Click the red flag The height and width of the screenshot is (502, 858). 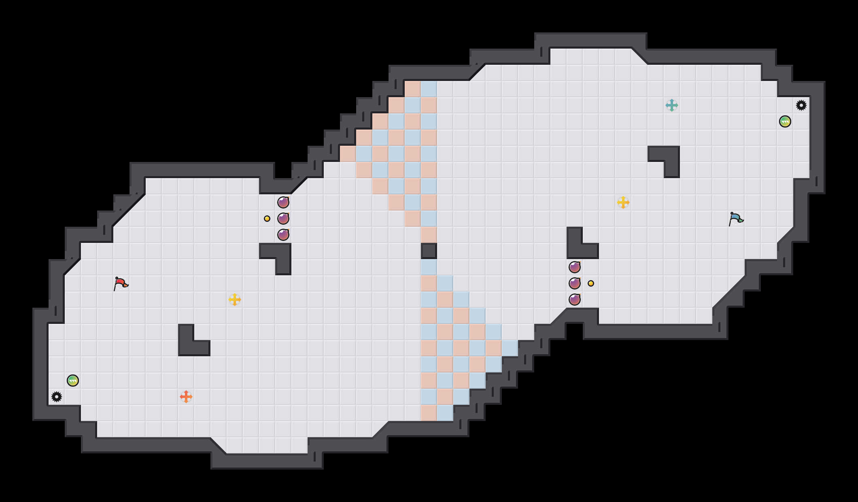click(x=121, y=283)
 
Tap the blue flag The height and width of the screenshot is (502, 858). click(x=736, y=219)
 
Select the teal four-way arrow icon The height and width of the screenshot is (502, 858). click(x=672, y=105)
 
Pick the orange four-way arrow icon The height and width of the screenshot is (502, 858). click(x=186, y=397)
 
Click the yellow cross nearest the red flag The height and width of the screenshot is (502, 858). click(x=235, y=300)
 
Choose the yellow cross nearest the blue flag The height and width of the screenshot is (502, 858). click(x=623, y=202)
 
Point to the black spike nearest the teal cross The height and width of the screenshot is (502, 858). click(x=801, y=105)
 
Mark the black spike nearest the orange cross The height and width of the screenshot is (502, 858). click(x=57, y=397)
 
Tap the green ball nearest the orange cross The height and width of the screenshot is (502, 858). click(x=73, y=381)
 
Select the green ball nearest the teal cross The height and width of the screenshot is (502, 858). click(x=785, y=121)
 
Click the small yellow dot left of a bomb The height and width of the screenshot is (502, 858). click(x=267, y=219)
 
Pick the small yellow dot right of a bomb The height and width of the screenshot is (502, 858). click(x=591, y=283)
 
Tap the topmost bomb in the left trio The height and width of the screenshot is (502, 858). click(x=283, y=202)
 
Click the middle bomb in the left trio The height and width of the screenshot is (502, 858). click(x=283, y=219)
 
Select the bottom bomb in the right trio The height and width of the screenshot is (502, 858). click(x=575, y=300)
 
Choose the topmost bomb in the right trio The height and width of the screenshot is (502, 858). click(x=575, y=267)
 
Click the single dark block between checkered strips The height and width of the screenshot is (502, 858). click(x=429, y=251)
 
